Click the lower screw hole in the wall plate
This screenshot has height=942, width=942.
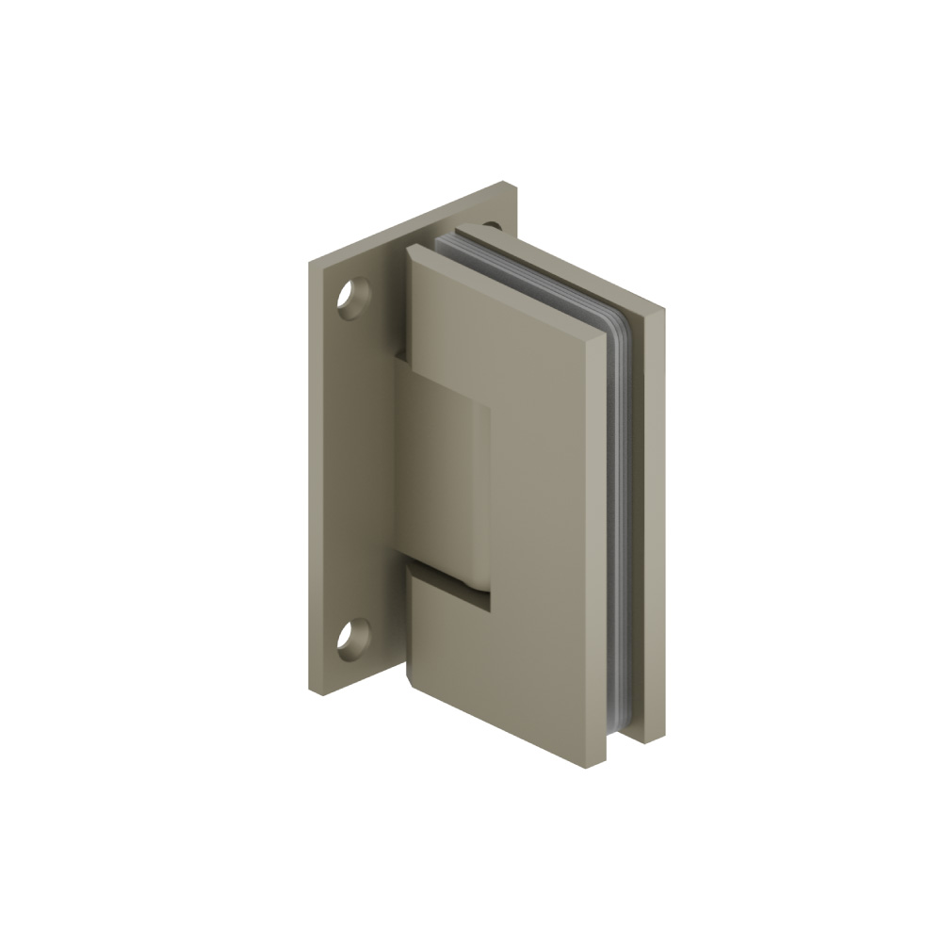click(353, 639)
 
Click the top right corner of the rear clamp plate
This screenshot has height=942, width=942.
click(665, 309)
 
